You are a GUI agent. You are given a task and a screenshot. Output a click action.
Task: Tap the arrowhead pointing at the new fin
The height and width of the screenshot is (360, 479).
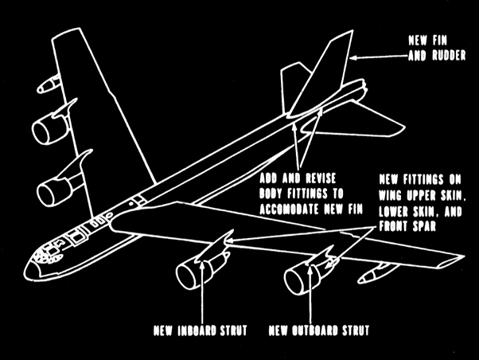(353, 57)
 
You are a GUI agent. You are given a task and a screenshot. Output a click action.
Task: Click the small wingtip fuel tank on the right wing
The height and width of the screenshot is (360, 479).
(372, 276)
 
